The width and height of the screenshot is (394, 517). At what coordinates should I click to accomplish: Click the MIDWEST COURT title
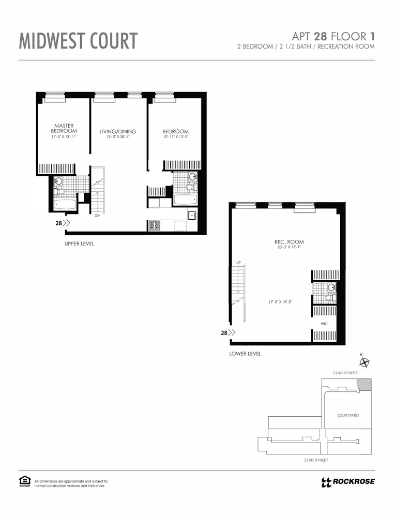coord(78,41)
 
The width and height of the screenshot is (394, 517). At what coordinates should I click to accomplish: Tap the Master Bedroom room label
coord(64,128)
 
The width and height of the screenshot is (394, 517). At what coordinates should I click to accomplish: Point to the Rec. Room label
coord(289,242)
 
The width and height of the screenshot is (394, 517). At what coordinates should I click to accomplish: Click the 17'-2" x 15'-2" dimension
coord(280,301)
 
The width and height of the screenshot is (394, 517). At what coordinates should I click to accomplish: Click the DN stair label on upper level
coord(97,216)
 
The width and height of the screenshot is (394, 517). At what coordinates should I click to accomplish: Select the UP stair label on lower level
coord(238,263)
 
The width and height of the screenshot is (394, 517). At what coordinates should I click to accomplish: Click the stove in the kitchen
coord(154,225)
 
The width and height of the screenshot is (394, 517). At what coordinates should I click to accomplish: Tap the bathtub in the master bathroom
coord(65,205)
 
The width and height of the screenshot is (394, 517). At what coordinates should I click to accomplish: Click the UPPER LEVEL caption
coord(79,244)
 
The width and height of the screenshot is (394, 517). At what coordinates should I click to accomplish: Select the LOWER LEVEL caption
coord(245,354)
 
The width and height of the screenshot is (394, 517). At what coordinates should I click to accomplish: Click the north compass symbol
coord(364,362)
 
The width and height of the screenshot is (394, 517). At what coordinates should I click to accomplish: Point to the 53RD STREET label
coord(317,460)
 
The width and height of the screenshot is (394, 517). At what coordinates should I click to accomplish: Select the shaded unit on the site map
coord(366,385)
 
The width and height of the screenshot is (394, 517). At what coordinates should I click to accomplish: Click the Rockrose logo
coord(347,482)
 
